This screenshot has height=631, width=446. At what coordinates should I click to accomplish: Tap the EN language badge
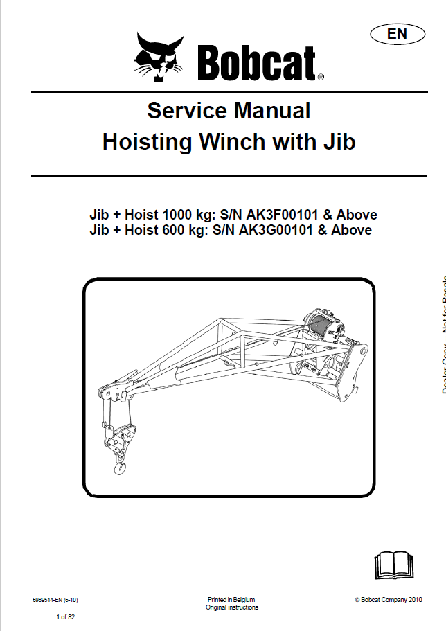click(397, 33)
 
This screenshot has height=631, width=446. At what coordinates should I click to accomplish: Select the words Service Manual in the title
click(229, 110)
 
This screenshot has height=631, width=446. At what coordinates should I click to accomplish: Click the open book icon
click(393, 565)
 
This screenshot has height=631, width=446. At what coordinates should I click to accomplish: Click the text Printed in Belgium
click(231, 600)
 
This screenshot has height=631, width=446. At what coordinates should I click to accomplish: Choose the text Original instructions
click(232, 607)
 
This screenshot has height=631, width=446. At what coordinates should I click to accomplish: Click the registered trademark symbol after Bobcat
click(320, 78)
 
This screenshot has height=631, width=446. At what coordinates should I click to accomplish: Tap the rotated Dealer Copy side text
click(441, 360)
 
